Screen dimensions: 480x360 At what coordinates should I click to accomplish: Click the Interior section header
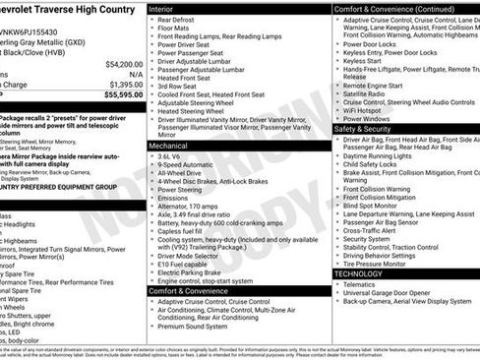click(x=167, y=9)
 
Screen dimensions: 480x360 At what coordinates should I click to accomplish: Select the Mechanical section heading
click(x=173, y=145)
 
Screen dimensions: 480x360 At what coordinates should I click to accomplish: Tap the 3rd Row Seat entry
click(x=179, y=85)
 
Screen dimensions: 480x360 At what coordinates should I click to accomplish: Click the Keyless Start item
click(x=362, y=61)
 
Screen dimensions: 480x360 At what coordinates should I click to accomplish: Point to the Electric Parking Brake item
click(x=195, y=272)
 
